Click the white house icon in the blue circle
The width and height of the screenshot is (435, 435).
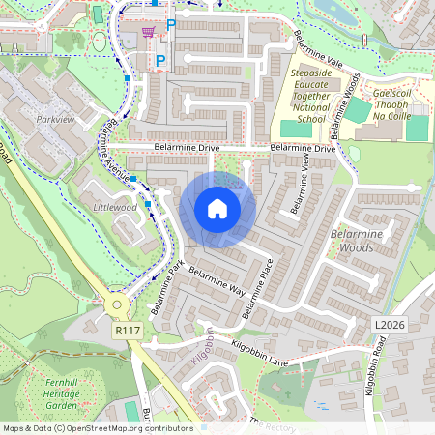pyautogui.click(x=217, y=208)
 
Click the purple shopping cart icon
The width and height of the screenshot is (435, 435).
pyautogui.click(x=148, y=32)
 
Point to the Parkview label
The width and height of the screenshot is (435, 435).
pyautogui.click(x=55, y=120)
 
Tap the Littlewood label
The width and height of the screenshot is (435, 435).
pyautogui.click(x=115, y=207)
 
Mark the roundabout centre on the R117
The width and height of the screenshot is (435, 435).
pyautogui.click(x=117, y=304)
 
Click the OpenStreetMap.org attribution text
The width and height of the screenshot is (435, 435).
pyautogui.click(x=117, y=427)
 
